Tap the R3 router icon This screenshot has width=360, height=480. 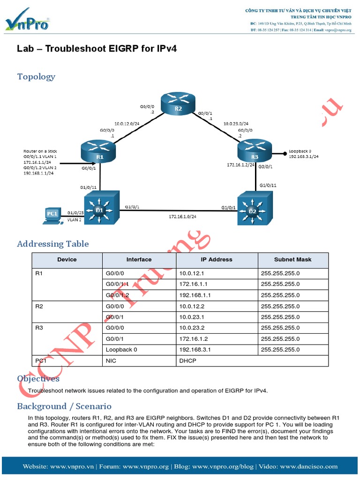coord(255,151)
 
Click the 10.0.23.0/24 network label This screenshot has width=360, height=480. coord(235,123)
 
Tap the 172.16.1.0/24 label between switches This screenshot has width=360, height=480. coord(182,217)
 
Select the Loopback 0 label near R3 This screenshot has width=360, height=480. coord(300,151)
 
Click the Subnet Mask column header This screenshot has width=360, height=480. coord(292,259)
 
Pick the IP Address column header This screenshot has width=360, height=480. coord(217,259)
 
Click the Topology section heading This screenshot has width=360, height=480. coord(36,76)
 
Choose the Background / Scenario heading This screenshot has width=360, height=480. coord(64,406)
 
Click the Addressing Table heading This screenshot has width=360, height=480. coord(52,244)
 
